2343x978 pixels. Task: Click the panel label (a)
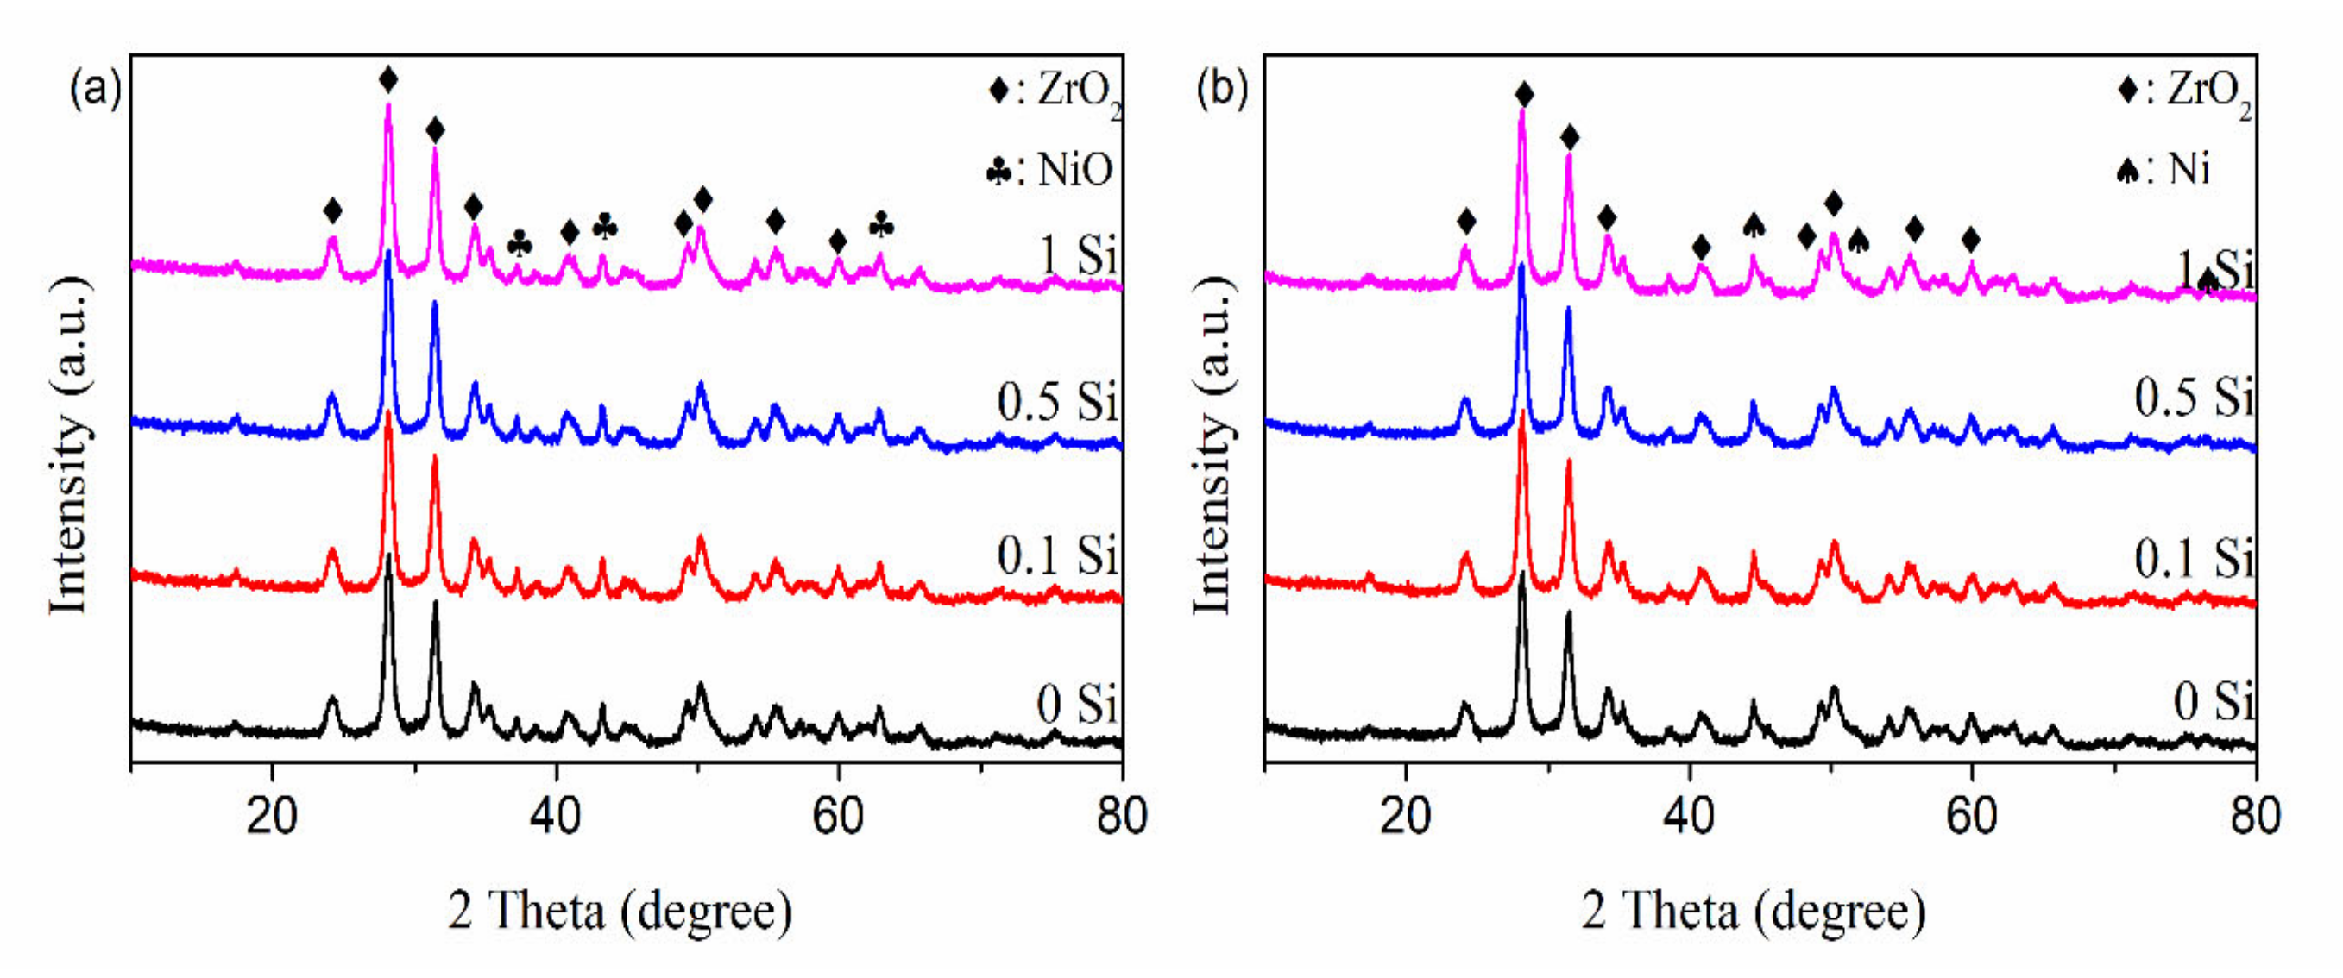(x=96, y=91)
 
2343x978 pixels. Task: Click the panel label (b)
(x=1221, y=91)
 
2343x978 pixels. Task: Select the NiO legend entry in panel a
(x=1050, y=170)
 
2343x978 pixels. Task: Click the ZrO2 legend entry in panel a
(x=1055, y=91)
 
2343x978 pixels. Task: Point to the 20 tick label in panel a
(x=271, y=815)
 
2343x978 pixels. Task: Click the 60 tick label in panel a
(x=838, y=815)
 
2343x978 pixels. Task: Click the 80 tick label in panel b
(x=2254, y=815)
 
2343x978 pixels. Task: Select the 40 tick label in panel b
(x=1688, y=815)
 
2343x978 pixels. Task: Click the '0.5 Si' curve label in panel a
(x=1057, y=401)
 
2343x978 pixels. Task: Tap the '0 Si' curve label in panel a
(x=1077, y=703)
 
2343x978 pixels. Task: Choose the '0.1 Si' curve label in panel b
(x=2193, y=557)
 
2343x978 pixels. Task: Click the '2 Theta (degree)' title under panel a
(x=620, y=910)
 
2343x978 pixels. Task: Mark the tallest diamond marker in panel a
(x=388, y=80)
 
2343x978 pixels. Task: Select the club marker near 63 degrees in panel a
(x=880, y=224)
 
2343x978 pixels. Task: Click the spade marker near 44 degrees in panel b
(x=1754, y=224)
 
